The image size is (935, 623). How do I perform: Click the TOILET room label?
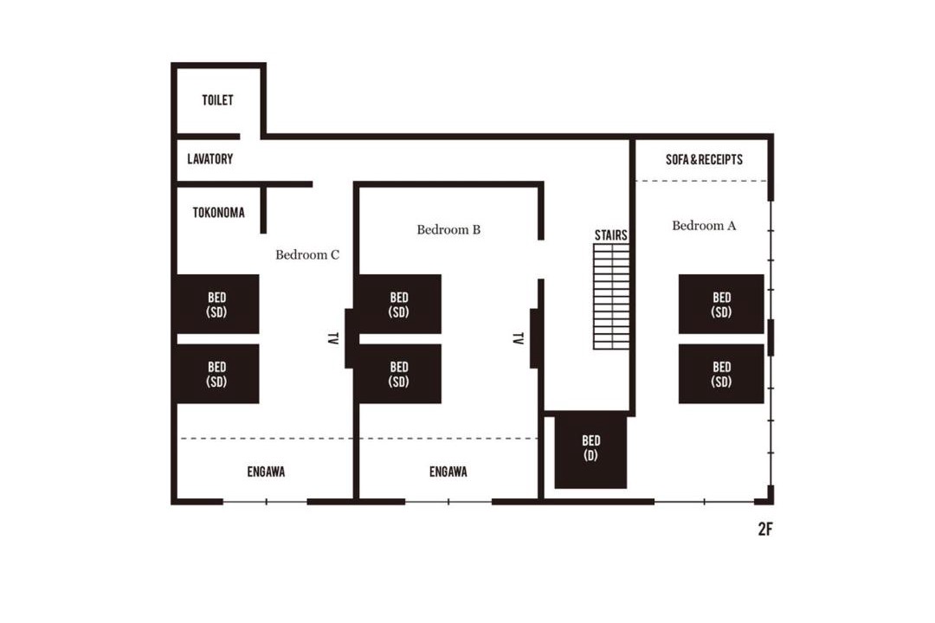pos(217,100)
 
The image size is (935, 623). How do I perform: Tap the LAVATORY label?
pos(210,159)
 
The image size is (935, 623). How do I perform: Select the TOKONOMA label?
pos(218,213)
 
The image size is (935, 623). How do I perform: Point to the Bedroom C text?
pos(307,255)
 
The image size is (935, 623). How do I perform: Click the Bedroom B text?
pos(448,229)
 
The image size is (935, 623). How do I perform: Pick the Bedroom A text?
pos(704,225)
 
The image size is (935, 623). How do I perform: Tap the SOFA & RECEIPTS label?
pos(704,160)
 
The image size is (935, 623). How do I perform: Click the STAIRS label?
pos(611,234)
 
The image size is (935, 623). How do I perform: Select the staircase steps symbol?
pos(611,296)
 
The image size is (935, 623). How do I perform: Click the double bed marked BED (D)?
pos(591,453)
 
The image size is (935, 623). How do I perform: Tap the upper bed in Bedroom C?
pos(218,304)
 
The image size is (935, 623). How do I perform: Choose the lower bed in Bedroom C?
pos(218,374)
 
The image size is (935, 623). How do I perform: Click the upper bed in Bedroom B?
pos(400,304)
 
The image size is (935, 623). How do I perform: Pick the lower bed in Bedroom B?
pos(400,374)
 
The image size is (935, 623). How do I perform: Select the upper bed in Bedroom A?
pos(721,304)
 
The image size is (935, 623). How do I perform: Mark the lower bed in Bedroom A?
pos(721,374)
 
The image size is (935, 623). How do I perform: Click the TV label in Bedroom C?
pos(333,338)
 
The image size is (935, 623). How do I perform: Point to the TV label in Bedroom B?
pos(518,338)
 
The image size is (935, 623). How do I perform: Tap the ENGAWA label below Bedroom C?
pos(266,472)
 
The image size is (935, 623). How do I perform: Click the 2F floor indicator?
pos(765,529)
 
